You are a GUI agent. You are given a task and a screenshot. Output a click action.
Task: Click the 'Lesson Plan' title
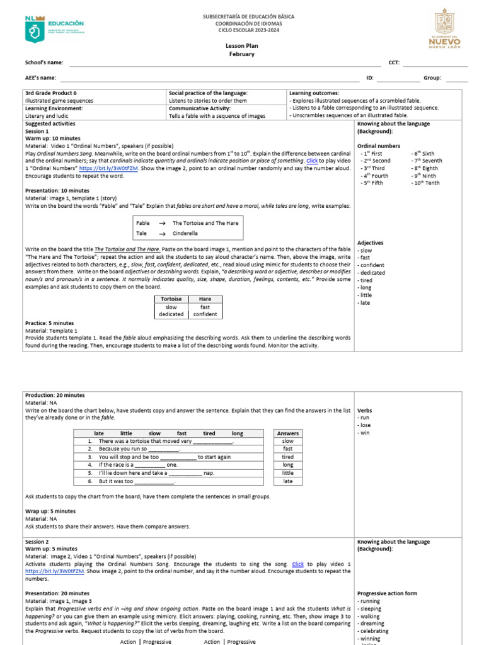[x=241, y=46]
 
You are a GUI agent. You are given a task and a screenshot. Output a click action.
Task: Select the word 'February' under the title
[x=241, y=54]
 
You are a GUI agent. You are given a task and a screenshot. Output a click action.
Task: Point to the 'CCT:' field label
[x=394, y=63]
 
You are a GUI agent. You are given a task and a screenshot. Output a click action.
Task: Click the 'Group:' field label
[x=432, y=78]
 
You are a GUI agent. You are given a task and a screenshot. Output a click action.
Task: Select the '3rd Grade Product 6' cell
[x=50, y=93]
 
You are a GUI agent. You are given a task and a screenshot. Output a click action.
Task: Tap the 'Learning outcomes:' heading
[x=314, y=93]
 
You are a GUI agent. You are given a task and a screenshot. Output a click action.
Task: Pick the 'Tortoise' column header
[x=171, y=299]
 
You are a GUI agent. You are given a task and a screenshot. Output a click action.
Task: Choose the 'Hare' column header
[x=205, y=299]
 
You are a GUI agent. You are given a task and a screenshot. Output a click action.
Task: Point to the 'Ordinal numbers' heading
[x=377, y=146]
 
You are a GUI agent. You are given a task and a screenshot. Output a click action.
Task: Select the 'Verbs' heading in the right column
[x=364, y=411]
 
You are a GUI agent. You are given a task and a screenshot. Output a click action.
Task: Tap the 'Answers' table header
[x=288, y=433]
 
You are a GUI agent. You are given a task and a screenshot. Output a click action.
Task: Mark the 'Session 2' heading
[x=37, y=542]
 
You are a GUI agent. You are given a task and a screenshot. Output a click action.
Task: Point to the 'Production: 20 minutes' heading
[x=55, y=395]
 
